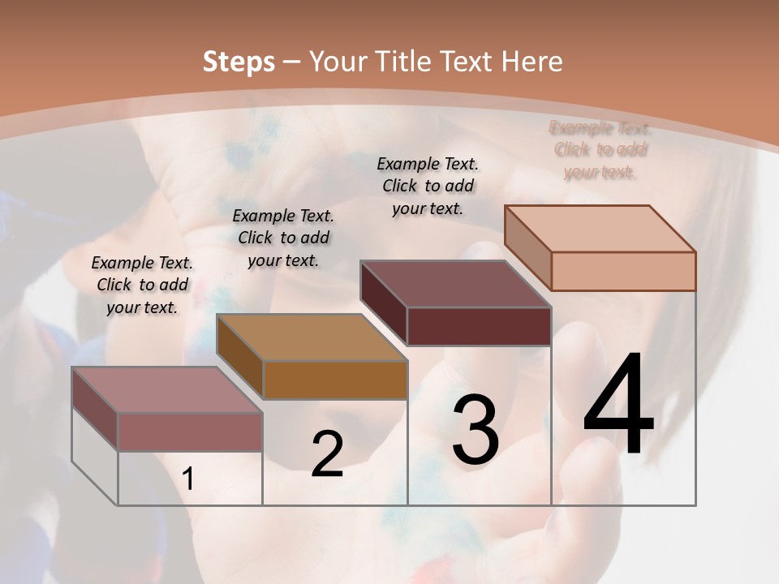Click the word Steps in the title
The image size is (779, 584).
(239, 62)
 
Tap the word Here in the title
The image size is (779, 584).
(532, 62)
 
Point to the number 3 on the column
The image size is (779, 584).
(476, 429)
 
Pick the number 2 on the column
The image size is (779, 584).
(327, 453)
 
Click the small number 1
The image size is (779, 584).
(188, 479)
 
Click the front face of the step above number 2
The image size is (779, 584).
(335, 380)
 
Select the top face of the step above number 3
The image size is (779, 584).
(455, 284)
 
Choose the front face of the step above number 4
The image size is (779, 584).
(623, 271)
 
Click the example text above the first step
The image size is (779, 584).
(142, 286)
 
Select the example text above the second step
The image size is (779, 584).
(283, 238)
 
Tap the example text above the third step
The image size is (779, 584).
(428, 186)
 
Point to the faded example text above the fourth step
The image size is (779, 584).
(600, 150)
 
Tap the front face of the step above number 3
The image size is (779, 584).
(479, 326)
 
